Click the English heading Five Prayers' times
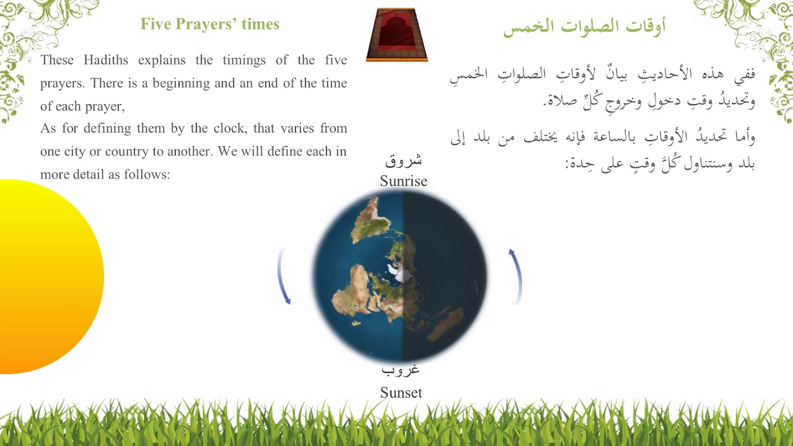coord(210,24)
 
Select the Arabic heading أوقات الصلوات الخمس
coord(584,27)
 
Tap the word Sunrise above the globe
coord(403,181)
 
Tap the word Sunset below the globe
coord(401,392)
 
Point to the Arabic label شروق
coord(403,161)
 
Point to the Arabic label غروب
coord(400,370)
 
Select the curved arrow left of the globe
coord(284,277)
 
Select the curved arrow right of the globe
coord(516,276)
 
